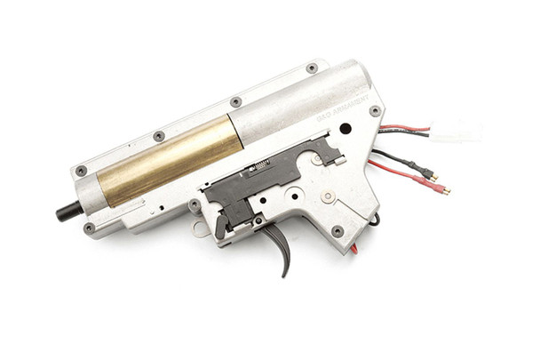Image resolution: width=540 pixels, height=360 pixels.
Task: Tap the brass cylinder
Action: click(x=169, y=159)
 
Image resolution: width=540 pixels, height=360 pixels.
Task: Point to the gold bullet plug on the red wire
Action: click(x=441, y=189)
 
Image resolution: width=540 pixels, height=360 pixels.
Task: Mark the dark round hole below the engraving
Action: click(x=345, y=128)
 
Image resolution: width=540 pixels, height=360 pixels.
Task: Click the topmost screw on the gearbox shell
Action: click(x=312, y=68)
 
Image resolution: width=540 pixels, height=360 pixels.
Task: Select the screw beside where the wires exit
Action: click(x=375, y=111)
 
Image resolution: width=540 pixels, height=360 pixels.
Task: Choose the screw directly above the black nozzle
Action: click(x=81, y=171)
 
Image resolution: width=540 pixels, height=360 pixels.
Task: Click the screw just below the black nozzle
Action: click(x=89, y=228)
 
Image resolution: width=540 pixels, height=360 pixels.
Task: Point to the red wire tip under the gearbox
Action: click(x=354, y=249)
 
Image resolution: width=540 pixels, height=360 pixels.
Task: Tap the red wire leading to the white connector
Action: click(x=404, y=128)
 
